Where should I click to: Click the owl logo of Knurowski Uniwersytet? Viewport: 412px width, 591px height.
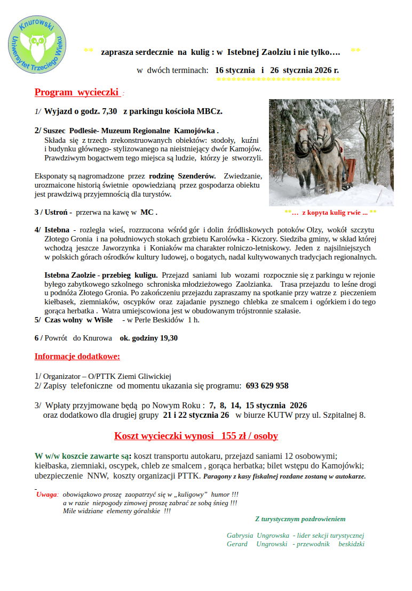[x=37, y=45]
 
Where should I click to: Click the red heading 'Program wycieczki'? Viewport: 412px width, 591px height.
[x=76, y=92]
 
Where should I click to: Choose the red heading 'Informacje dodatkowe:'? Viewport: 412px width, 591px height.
[x=77, y=356]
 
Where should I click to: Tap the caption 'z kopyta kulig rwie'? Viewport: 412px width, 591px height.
[x=335, y=212]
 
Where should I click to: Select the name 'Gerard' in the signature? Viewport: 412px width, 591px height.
[x=237, y=544]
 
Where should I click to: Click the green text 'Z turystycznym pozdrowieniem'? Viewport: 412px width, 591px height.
[x=300, y=519]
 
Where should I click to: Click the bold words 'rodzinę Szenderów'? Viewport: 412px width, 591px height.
[x=183, y=175]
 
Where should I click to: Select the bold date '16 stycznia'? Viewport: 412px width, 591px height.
[x=235, y=70]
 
